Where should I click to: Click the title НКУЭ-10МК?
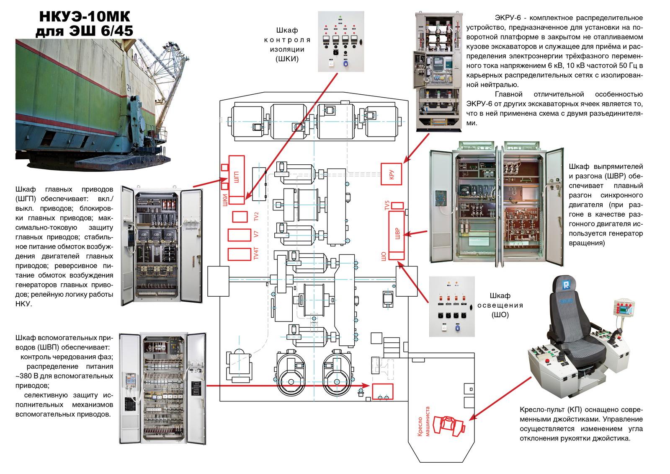pos(84,17)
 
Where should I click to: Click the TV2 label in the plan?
pos(256,217)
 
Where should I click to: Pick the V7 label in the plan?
pos(256,235)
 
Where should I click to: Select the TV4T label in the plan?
pos(256,254)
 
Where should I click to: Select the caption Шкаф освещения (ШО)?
pos(500,306)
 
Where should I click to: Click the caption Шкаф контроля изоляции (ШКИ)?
pos(287,44)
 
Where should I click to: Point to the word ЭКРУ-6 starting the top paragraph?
pos(508,18)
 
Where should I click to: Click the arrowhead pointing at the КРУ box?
pos(405,161)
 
